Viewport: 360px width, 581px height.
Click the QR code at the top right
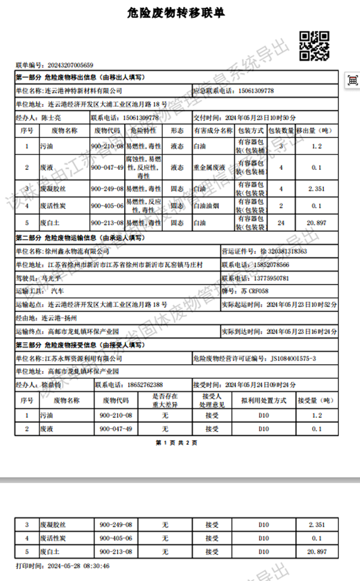(x=313, y=45)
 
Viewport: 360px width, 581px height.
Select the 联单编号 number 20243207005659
(x=67, y=65)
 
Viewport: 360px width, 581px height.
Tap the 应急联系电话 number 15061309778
(x=253, y=91)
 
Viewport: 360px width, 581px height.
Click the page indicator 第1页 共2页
(x=177, y=443)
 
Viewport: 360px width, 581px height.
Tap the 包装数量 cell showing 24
(x=281, y=223)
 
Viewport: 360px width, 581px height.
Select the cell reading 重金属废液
(x=210, y=167)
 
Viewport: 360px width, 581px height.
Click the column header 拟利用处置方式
(x=263, y=400)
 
